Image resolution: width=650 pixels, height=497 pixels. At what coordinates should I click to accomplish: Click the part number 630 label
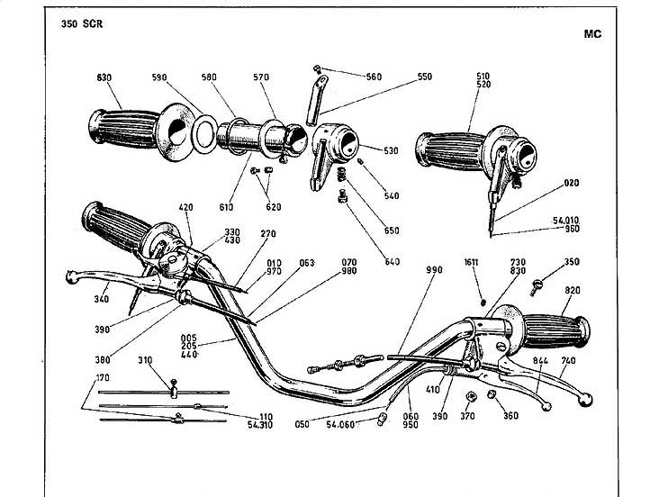(x=104, y=77)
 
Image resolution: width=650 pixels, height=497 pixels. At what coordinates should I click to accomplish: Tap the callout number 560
(x=374, y=77)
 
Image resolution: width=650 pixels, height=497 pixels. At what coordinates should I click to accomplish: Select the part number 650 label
(x=392, y=230)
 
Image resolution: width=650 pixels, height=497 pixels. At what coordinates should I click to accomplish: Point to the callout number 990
(x=434, y=270)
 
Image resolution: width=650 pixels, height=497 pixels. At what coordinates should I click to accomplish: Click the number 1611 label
(x=472, y=262)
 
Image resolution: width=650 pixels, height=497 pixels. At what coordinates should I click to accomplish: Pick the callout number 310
(x=145, y=360)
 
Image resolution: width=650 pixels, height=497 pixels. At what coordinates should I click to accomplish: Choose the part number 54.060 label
(x=340, y=424)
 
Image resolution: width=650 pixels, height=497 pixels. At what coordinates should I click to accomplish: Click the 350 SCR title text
(x=82, y=24)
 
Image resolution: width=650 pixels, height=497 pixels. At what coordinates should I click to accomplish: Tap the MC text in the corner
(x=592, y=34)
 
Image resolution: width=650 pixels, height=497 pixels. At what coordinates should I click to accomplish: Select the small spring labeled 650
(x=341, y=174)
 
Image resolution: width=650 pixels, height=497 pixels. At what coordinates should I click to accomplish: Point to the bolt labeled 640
(x=343, y=196)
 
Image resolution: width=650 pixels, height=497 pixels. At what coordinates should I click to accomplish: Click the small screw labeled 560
(x=318, y=68)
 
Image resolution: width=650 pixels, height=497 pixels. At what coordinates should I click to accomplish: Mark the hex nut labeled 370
(x=471, y=397)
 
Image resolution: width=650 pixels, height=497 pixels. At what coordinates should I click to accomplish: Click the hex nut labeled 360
(x=492, y=393)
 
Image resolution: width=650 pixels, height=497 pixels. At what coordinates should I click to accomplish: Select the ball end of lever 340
(x=71, y=277)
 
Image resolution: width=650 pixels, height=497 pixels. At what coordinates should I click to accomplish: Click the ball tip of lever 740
(x=586, y=399)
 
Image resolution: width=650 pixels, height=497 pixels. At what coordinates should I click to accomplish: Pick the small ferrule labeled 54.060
(x=382, y=419)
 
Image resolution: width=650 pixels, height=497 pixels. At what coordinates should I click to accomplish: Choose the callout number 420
(x=185, y=207)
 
